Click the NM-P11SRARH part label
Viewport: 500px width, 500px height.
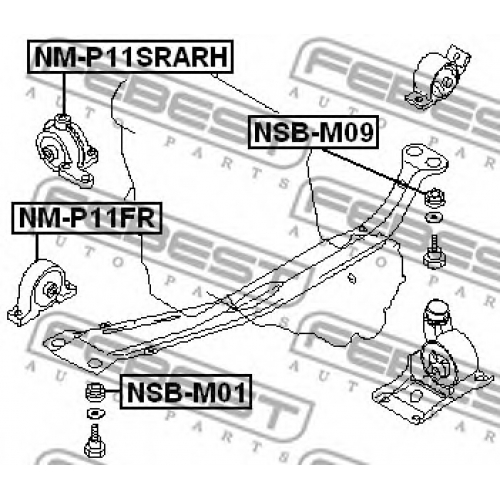[130, 57]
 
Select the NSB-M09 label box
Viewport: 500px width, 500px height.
[313, 132]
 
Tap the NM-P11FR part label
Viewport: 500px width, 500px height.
[87, 218]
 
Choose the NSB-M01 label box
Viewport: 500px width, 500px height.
[186, 392]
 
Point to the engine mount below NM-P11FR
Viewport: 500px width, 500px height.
[42, 292]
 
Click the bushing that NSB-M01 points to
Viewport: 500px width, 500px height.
[96, 392]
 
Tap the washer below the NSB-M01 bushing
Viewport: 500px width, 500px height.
[96, 414]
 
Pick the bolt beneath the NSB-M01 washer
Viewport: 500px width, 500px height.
[95, 441]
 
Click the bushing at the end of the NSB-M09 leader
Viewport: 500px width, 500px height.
[434, 197]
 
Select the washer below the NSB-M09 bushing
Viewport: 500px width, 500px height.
[434, 218]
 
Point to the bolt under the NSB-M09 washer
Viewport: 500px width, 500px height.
[434, 252]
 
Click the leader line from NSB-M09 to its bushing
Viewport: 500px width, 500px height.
[374, 170]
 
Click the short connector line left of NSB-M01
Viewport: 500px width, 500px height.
[113, 391]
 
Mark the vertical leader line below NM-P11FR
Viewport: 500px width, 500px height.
[36, 247]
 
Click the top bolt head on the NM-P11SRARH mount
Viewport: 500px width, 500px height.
[62, 120]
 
